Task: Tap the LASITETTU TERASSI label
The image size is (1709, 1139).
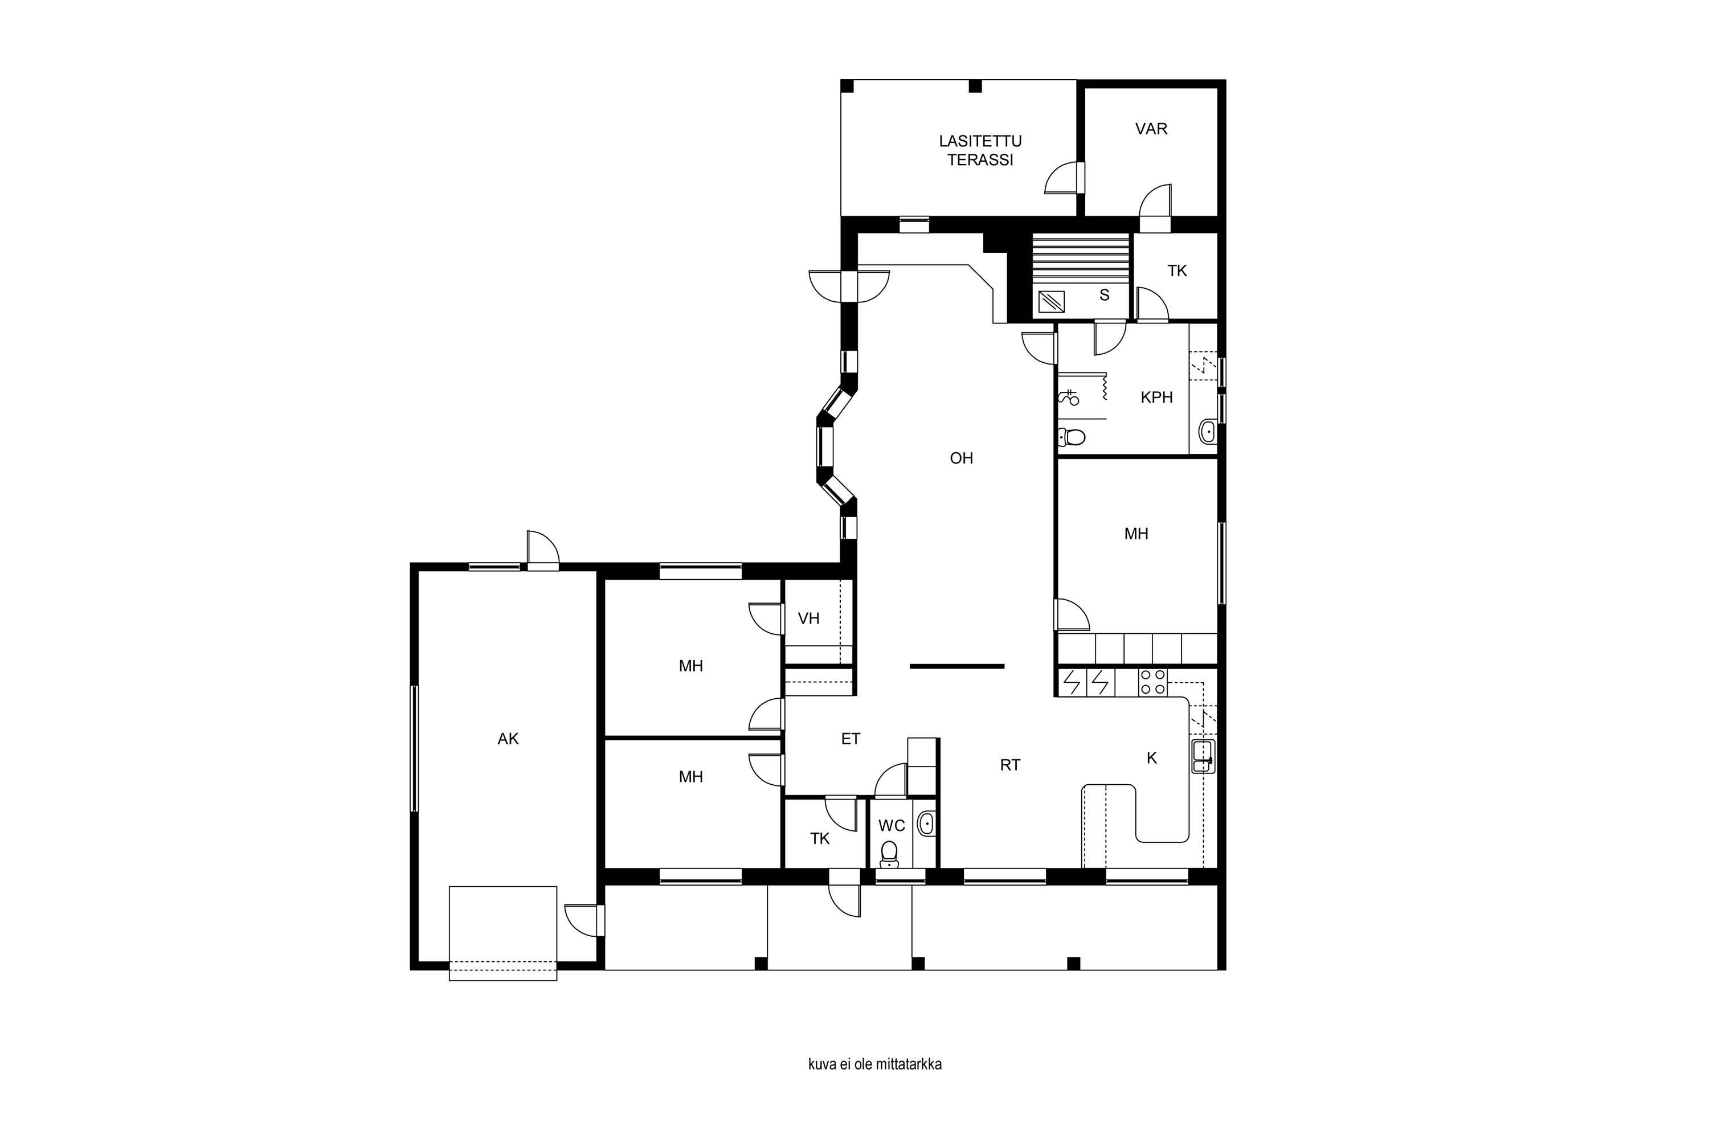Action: [x=980, y=150]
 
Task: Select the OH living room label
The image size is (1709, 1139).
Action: [x=962, y=458]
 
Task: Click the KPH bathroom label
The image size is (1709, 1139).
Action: [x=1157, y=398]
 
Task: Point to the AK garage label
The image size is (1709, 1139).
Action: [x=508, y=739]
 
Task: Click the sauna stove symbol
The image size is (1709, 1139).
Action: [x=1050, y=301]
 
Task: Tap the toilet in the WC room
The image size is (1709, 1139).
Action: [x=889, y=854]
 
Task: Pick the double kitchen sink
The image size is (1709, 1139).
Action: [x=1203, y=756]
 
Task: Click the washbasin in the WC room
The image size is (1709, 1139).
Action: [x=926, y=823]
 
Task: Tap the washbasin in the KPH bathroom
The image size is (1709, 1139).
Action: [x=1207, y=432]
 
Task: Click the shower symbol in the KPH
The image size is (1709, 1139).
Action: [x=1068, y=396]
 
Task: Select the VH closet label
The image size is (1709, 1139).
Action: [x=809, y=618]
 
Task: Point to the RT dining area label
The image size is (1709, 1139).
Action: [x=1010, y=765]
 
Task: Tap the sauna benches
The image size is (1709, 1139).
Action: [x=1081, y=259]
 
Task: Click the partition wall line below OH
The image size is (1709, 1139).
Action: [x=957, y=666]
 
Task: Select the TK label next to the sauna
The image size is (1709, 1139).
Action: [x=1177, y=271]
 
